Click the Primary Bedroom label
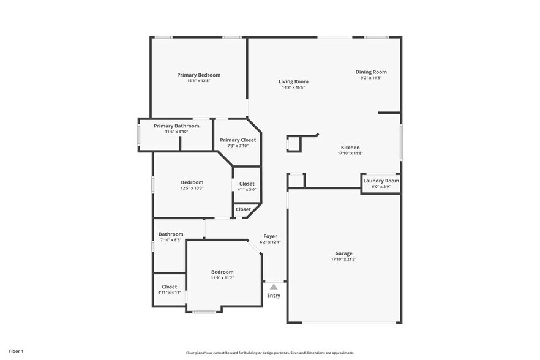coord(198,75)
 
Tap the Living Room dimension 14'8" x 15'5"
coord(293,88)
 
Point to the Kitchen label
coord(350,147)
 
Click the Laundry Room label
coord(381,181)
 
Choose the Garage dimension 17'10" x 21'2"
coord(343,260)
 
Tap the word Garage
coord(343,253)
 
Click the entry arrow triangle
coord(274,287)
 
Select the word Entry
coord(274,296)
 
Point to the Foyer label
coord(270,236)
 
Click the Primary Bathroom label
coord(176,126)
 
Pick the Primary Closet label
coord(238,140)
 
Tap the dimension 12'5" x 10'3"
coord(192,189)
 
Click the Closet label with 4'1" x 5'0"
coord(247,184)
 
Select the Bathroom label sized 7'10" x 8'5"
coord(171,234)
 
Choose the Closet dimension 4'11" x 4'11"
coord(170,293)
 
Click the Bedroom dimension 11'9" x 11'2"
coord(222,278)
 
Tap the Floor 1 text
coord(17,351)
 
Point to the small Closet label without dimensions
coord(243,209)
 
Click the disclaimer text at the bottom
coord(269,353)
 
